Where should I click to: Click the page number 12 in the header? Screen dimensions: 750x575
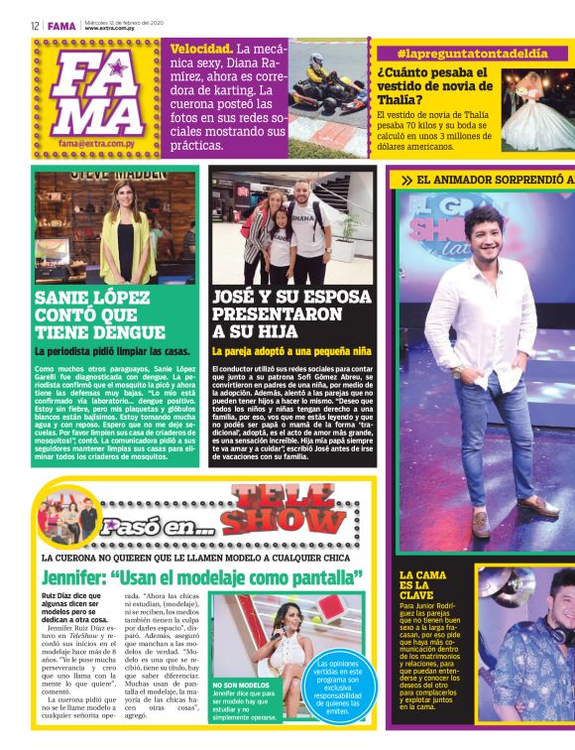pos(35,26)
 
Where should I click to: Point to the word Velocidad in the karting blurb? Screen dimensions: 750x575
pos(202,49)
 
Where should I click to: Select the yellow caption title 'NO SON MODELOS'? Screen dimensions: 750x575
pos(240,685)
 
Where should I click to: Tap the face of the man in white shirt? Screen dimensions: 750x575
pos(485,232)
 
